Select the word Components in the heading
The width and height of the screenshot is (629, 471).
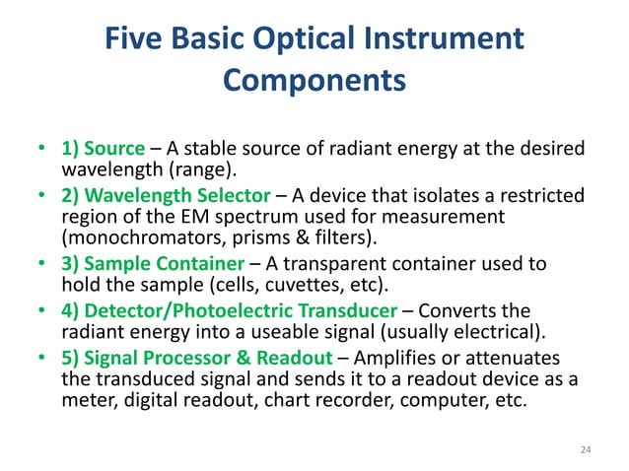tap(314, 80)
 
